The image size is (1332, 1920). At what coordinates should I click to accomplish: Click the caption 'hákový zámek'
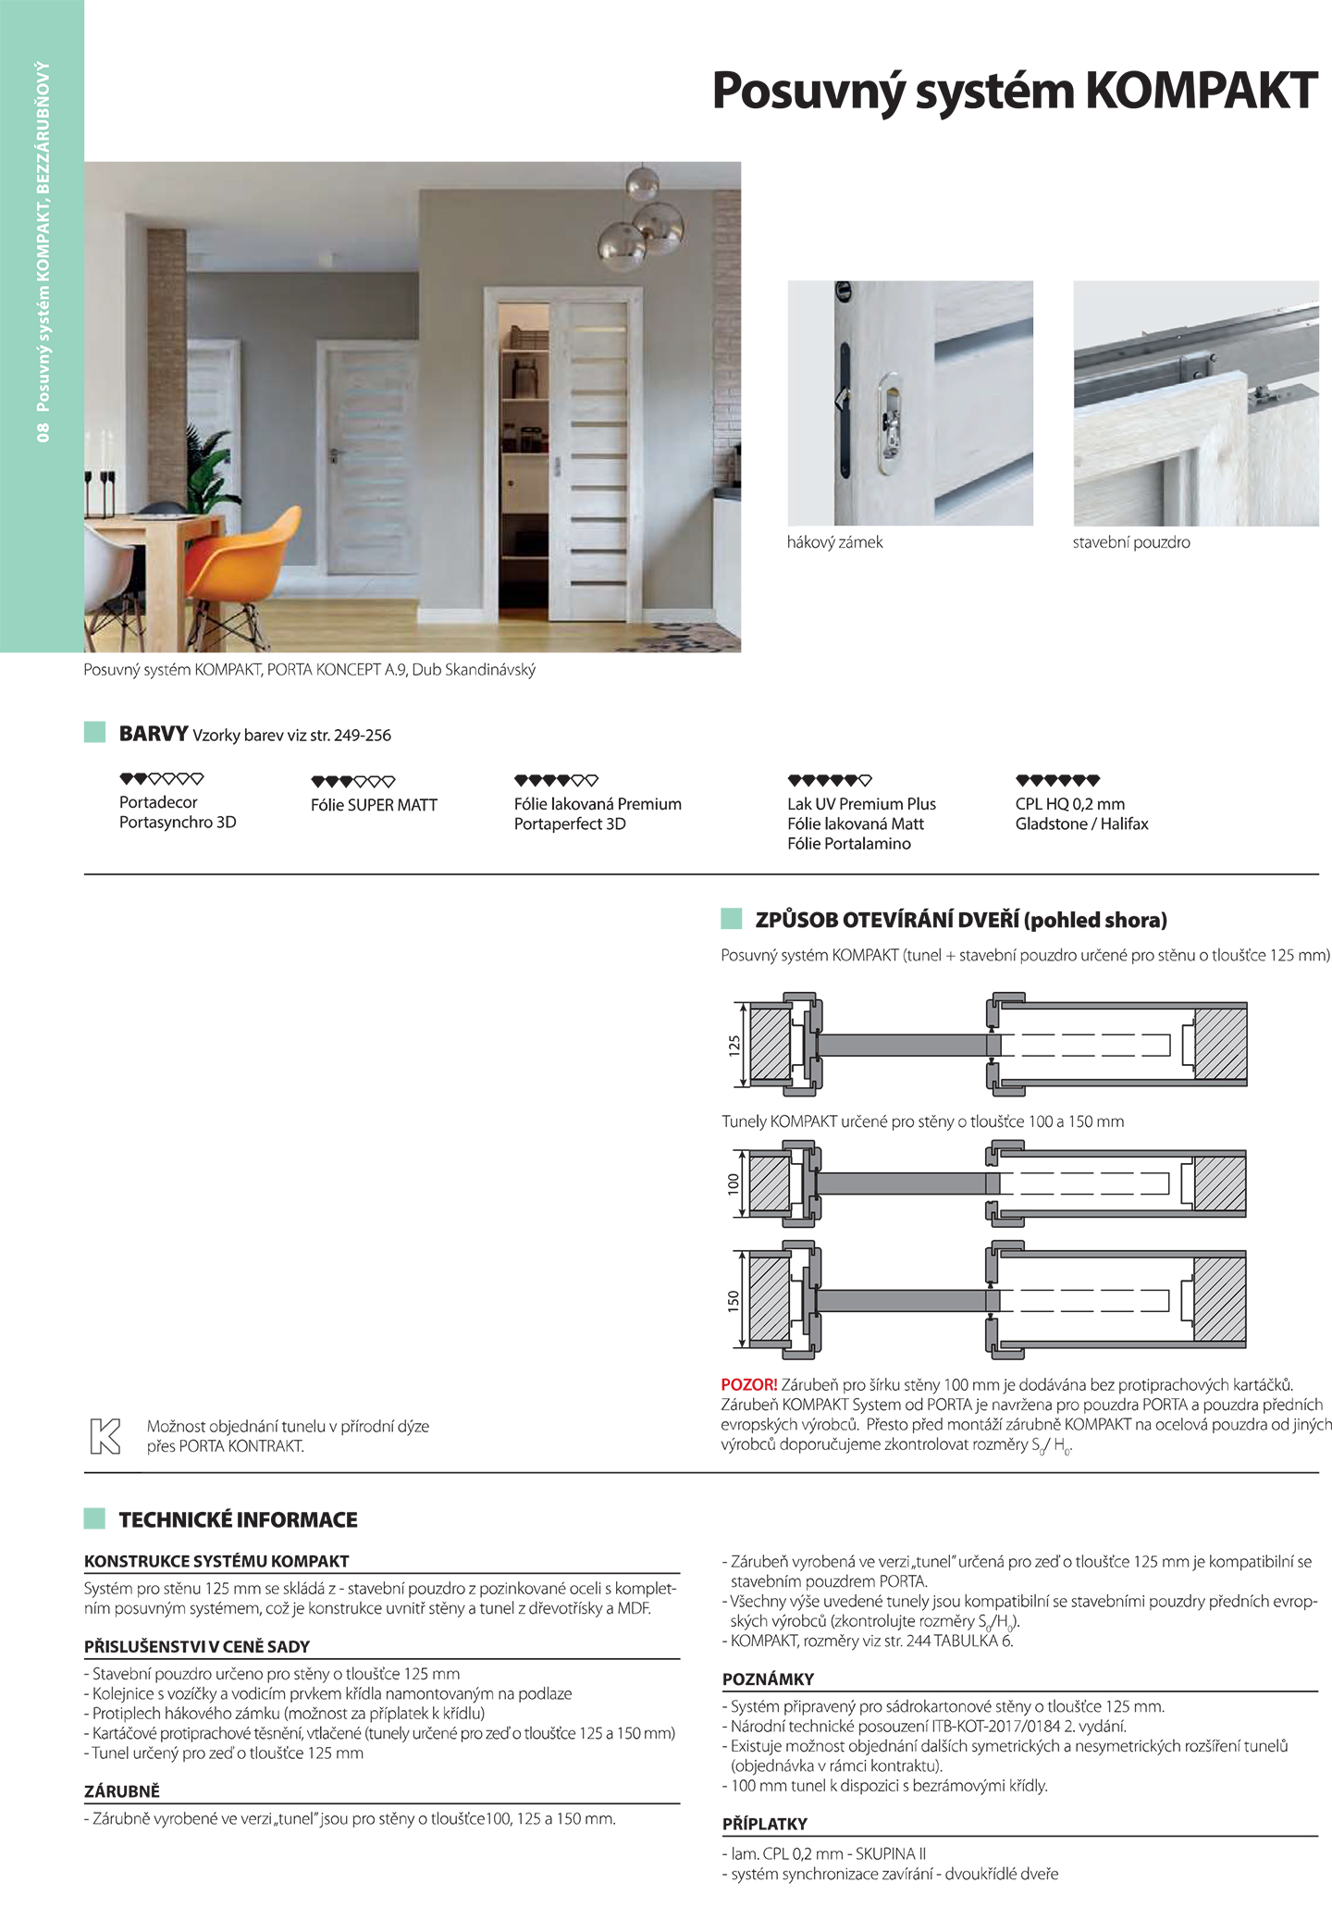click(834, 542)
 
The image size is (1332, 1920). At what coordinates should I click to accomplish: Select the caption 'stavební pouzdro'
click(1130, 542)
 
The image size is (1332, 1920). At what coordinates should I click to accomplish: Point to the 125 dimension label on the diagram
click(734, 1046)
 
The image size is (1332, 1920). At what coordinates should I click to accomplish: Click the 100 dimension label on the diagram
click(734, 1183)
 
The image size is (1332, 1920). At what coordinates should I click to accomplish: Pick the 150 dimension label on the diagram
click(734, 1301)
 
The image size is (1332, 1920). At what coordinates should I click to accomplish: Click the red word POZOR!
click(748, 1384)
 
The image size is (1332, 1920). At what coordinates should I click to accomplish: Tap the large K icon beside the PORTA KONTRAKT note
click(105, 1435)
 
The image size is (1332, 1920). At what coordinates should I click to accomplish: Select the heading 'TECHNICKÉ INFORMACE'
click(238, 1519)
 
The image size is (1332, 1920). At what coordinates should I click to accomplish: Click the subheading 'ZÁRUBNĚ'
click(122, 1791)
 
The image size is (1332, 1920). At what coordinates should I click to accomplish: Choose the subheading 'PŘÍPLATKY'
click(764, 1824)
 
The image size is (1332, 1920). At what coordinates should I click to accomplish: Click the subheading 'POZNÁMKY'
click(768, 1678)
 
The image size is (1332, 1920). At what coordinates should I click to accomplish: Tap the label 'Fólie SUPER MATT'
click(374, 805)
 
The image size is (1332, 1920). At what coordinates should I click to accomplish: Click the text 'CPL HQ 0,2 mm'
click(1069, 804)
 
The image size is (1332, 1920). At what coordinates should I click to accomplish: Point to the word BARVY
click(154, 734)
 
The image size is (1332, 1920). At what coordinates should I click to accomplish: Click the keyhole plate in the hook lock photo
click(888, 423)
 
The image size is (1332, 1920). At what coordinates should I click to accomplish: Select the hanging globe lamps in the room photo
click(644, 222)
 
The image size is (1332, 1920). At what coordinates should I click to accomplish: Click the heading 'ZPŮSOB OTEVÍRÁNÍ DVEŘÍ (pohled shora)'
click(960, 920)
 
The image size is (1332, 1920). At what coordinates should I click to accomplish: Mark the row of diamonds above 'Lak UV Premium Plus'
click(829, 780)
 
